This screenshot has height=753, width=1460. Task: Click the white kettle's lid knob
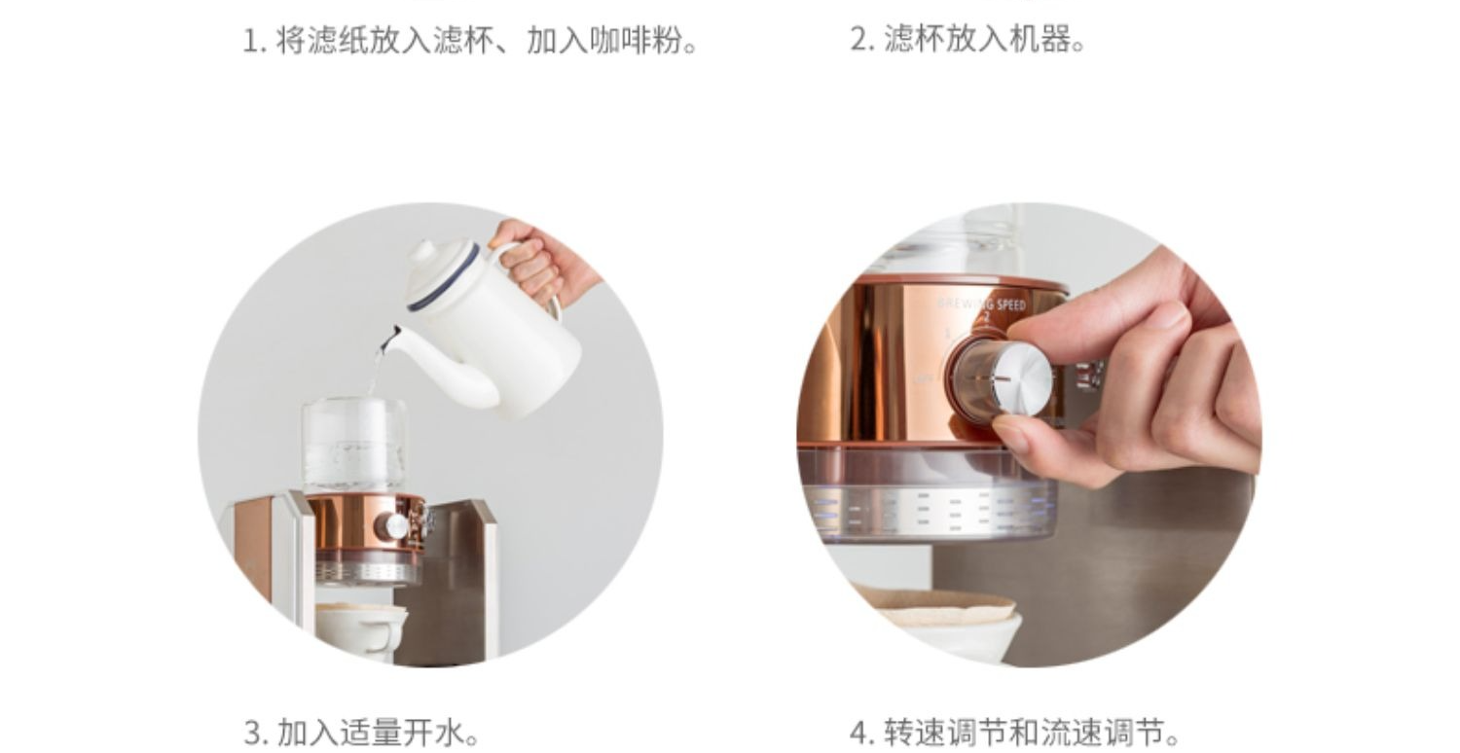[x=423, y=250]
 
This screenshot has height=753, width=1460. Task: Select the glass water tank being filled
[x=353, y=446]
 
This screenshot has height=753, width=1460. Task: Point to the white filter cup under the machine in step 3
[x=362, y=630]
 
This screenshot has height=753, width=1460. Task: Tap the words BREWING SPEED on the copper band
[x=981, y=305]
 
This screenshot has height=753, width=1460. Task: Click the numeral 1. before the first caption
[x=255, y=41]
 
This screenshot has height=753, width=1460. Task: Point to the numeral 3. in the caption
[x=256, y=733]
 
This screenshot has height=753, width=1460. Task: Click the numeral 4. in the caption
[x=863, y=733]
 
